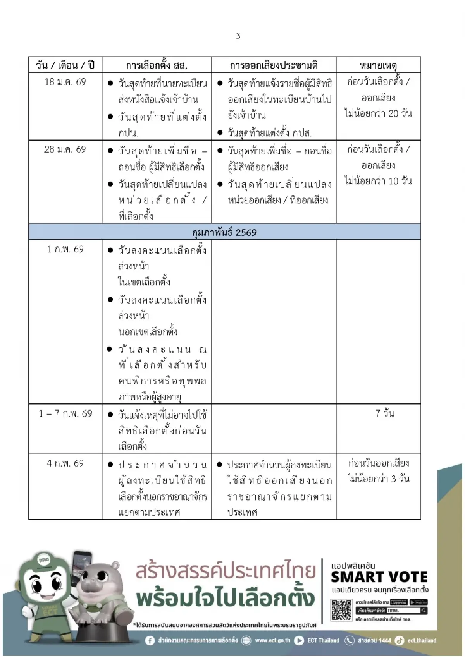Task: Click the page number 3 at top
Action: click(x=238, y=36)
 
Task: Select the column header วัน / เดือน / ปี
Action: click(x=65, y=65)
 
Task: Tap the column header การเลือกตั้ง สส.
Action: click(x=157, y=65)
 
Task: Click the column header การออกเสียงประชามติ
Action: click(x=274, y=65)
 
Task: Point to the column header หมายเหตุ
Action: click(x=378, y=65)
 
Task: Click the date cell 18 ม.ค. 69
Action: click(x=65, y=82)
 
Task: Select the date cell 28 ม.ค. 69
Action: click(x=65, y=149)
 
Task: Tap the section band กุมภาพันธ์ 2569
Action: click(x=224, y=232)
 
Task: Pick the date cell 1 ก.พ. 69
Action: click(x=65, y=249)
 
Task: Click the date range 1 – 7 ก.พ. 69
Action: click(x=65, y=413)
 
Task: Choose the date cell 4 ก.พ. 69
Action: click(x=65, y=463)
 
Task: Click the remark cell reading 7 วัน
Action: click(x=384, y=413)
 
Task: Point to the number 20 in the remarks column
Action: click(x=393, y=113)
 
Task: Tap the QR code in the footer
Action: click(x=341, y=610)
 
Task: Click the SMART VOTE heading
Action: click(x=379, y=577)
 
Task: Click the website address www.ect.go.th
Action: click(x=272, y=641)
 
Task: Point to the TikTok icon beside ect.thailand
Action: click(x=400, y=641)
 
